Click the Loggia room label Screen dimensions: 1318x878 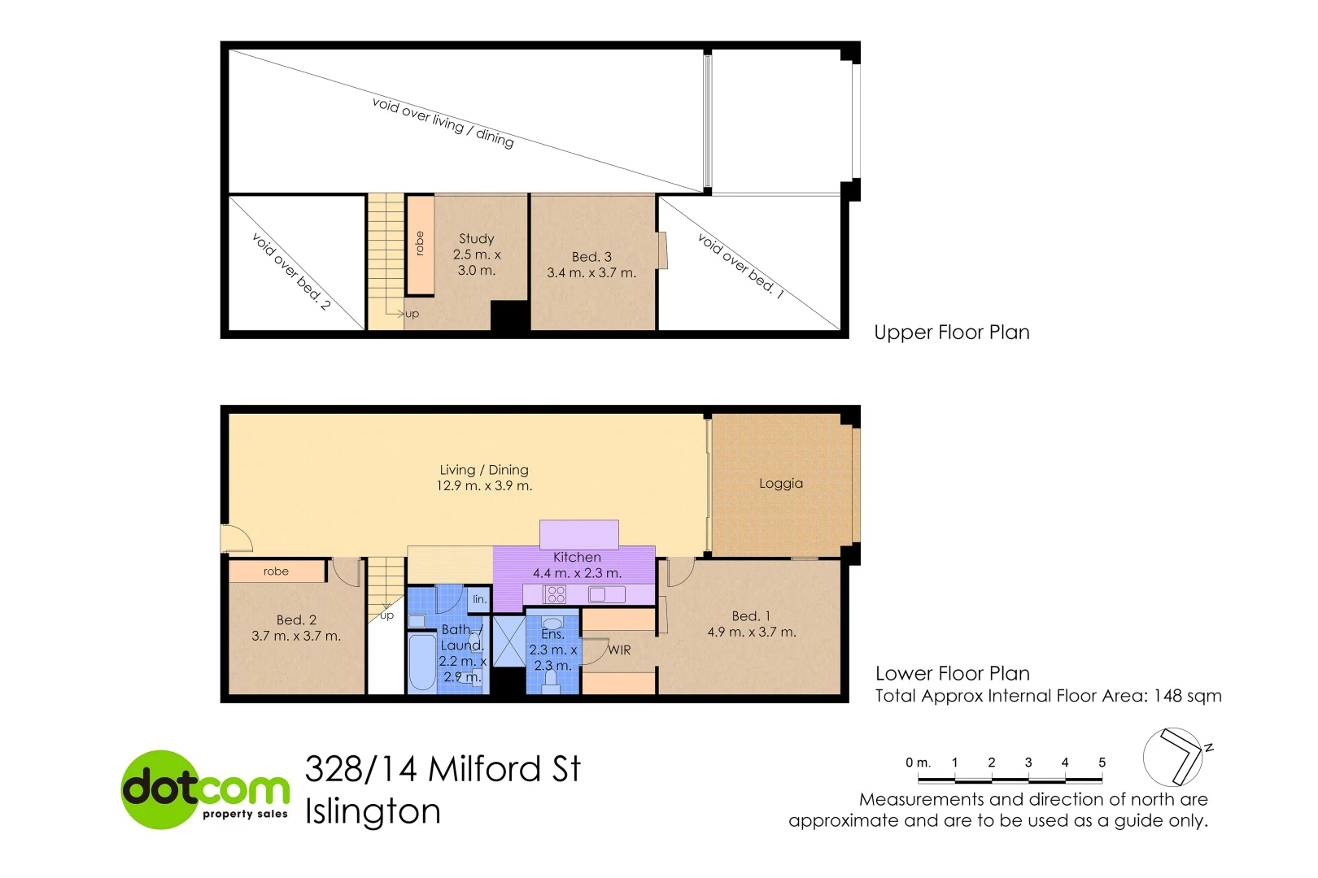point(780,484)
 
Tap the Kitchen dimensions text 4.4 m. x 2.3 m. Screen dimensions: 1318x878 point(577,573)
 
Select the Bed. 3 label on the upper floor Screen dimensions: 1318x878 point(591,257)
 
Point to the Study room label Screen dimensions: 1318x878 point(476,239)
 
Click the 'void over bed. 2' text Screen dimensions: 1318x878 point(290,271)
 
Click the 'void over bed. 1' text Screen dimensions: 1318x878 point(741,266)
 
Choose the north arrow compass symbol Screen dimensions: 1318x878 point(1176,757)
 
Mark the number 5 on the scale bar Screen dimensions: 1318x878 point(1102,762)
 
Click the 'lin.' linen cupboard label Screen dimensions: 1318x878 point(479,599)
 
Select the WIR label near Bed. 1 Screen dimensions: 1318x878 point(619,650)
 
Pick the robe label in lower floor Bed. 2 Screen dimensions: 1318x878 point(276,571)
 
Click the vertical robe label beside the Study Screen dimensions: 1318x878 point(420,243)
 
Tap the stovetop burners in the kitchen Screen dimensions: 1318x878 point(554,594)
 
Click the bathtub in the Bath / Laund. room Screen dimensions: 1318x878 point(421,663)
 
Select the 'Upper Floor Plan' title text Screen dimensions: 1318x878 point(951,333)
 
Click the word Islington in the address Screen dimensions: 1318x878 point(373,811)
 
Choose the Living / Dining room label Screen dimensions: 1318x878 point(484,470)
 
